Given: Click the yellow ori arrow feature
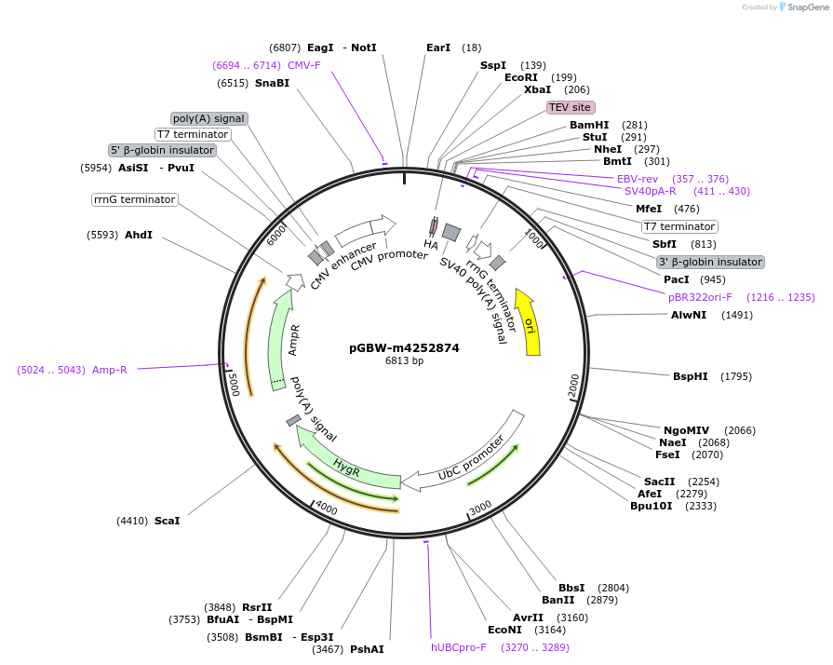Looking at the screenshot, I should (529, 322).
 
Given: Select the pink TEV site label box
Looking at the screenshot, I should (570, 107).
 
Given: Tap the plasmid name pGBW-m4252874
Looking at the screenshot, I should (404, 348).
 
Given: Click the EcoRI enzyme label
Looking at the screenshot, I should (521, 77).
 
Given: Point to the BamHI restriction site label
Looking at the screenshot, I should (589, 125).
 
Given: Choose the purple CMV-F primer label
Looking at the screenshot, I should (303, 65).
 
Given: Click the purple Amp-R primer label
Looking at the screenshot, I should (109, 370).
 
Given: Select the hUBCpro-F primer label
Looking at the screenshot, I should (458, 647).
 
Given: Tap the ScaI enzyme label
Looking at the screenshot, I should (167, 521).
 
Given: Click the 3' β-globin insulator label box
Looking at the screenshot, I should (710, 262).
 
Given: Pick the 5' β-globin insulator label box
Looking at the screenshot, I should (163, 150).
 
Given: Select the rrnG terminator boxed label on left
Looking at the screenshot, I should (134, 199).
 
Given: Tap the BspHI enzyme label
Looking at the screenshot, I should (690, 376).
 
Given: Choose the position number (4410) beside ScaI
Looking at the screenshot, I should (132, 521).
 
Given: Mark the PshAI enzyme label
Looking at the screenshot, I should (367, 649).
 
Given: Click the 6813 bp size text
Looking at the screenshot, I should (404, 361).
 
